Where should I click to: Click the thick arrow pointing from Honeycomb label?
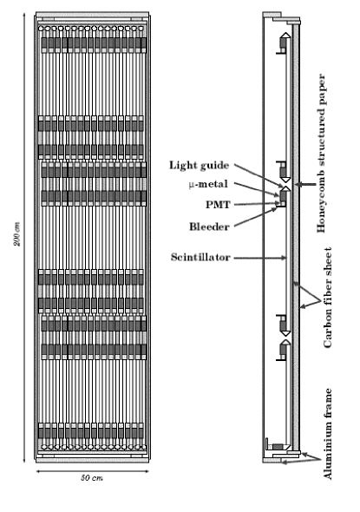click(x=303, y=185)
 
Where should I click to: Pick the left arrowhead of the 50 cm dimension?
click(x=38, y=471)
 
